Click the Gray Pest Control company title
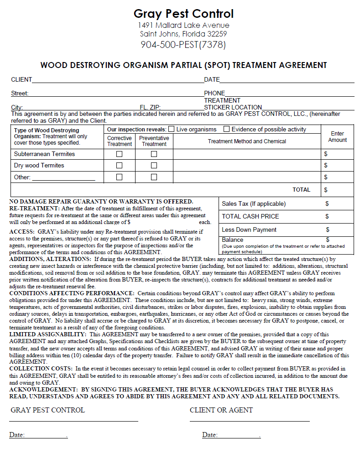183,14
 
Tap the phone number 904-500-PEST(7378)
183,45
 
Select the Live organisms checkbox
172,129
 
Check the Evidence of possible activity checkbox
227,129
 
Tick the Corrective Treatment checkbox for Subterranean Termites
120,154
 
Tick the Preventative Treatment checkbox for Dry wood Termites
154,166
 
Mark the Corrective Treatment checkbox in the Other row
120,177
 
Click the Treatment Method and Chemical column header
247,141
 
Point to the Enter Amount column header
337,137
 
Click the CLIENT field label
21,80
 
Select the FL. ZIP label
150,108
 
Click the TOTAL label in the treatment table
301,190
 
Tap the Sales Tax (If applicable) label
254,204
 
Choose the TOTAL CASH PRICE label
250,216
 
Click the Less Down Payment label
249,230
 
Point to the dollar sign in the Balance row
328,240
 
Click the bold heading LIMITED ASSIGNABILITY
47,334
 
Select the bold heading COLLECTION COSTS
41,368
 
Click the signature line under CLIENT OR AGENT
250,421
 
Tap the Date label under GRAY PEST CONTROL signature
17,435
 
